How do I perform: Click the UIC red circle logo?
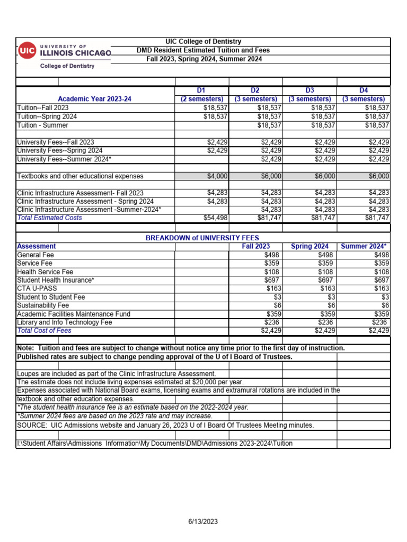(27, 51)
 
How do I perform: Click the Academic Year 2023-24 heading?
(95, 99)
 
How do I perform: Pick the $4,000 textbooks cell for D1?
(217, 176)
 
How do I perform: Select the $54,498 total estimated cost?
(216, 218)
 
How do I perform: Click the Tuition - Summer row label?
(43, 125)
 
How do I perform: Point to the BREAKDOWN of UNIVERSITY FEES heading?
(202, 238)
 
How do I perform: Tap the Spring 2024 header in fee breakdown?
(309, 246)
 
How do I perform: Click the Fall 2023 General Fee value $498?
(273, 255)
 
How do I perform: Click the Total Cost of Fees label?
(44, 331)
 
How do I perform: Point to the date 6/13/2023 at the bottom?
(203, 521)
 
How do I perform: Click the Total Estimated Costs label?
(49, 218)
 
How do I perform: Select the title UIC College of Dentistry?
(203, 41)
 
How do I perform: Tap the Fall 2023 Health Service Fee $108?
(273, 272)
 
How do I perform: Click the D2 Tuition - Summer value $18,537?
(269, 125)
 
